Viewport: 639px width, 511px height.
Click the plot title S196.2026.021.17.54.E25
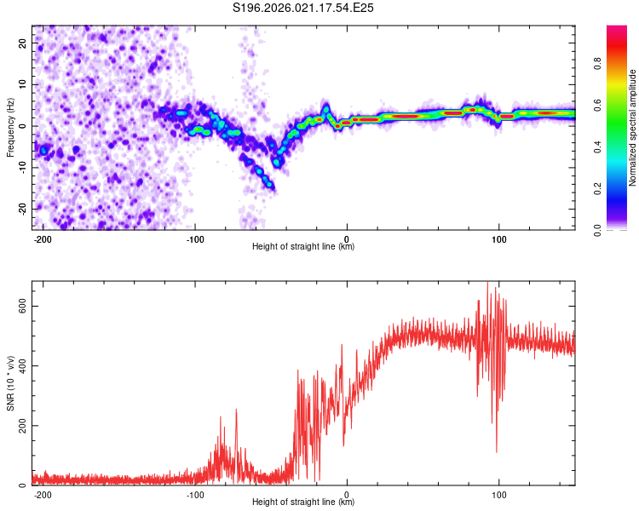click(304, 8)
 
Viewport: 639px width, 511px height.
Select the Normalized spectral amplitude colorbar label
click(633, 128)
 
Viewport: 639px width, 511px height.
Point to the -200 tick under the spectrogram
click(43, 238)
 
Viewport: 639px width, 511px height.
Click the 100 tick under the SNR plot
click(498, 494)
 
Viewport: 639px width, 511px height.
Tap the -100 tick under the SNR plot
click(194, 494)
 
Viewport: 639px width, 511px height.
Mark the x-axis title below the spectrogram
click(303, 247)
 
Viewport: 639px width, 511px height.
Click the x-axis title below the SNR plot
click(303, 502)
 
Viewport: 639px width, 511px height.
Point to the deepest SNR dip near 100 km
click(497, 452)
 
